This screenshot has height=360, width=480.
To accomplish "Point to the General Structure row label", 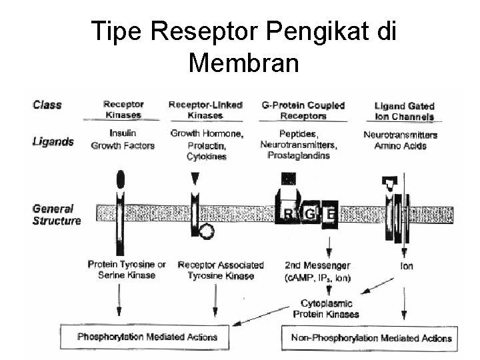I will coord(56,215).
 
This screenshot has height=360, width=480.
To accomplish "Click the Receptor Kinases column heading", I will coord(123,110).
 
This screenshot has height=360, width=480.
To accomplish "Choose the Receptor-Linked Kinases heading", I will coord(205,110).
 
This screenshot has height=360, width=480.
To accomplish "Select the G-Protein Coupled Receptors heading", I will coord(303,110).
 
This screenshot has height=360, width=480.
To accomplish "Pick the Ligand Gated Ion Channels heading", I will coord(404,111).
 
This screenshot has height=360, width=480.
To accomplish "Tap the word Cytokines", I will coord(207,157).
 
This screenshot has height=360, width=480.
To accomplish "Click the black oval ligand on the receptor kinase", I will coord(120,179).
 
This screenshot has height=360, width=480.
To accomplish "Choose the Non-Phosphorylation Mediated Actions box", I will coord(371,337).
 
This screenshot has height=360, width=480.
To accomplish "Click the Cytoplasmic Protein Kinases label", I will coord(326,309).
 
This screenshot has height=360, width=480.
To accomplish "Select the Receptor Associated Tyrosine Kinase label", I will coord(221,271).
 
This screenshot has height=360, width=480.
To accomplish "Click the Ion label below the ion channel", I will coord(406,266).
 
